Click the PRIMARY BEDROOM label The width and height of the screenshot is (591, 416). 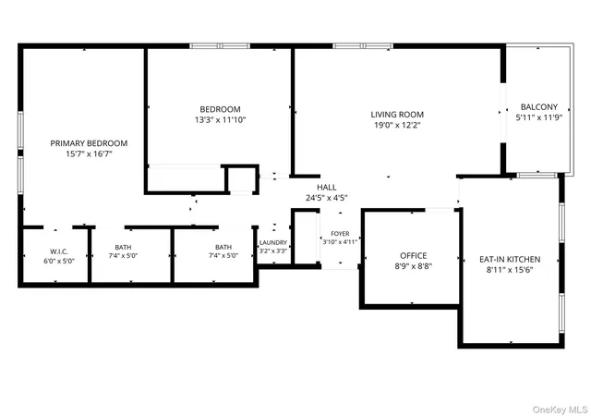tap(89, 143)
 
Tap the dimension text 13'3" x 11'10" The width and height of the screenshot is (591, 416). tap(220, 120)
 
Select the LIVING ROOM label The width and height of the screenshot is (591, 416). tap(397, 115)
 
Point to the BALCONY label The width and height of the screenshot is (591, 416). tap(539, 107)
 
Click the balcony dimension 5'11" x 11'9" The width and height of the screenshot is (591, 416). tap(539, 117)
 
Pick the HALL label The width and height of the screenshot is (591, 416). tap(326, 188)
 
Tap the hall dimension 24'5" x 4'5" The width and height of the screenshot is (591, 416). tap(326, 198)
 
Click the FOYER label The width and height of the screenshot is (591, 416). tap(340, 234)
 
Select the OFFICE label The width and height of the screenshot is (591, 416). tap(414, 255)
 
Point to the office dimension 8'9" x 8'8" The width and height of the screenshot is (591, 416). tap(414, 266)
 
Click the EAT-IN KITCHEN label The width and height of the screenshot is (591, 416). tap(510, 260)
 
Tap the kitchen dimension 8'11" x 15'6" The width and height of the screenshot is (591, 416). tap(510, 270)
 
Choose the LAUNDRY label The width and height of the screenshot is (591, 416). tap(273, 243)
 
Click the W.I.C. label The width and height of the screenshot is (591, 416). tap(59, 251)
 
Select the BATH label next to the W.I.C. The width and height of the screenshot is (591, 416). tap(123, 247)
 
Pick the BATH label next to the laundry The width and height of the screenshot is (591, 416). tap(223, 247)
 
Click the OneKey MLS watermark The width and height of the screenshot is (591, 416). tap(561, 410)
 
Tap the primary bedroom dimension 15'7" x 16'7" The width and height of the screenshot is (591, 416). tap(89, 154)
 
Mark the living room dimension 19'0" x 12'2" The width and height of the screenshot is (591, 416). tap(397, 125)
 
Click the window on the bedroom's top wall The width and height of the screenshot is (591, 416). tap(220, 46)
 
